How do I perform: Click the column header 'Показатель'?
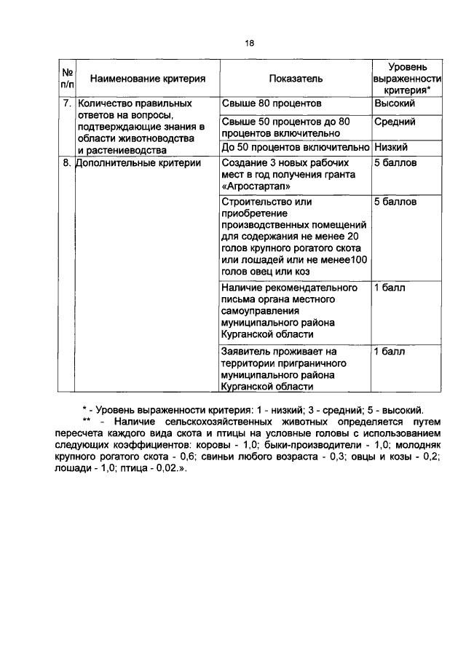click(295, 78)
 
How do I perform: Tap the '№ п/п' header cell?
click(67, 78)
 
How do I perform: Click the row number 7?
click(66, 103)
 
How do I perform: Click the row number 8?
click(66, 163)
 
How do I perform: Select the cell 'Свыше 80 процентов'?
click(271, 103)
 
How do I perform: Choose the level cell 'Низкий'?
click(391, 147)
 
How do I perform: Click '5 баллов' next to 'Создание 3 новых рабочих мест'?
click(395, 163)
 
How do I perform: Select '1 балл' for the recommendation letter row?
click(390, 288)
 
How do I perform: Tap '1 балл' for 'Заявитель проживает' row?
click(390, 352)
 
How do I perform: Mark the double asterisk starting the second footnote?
click(87, 422)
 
